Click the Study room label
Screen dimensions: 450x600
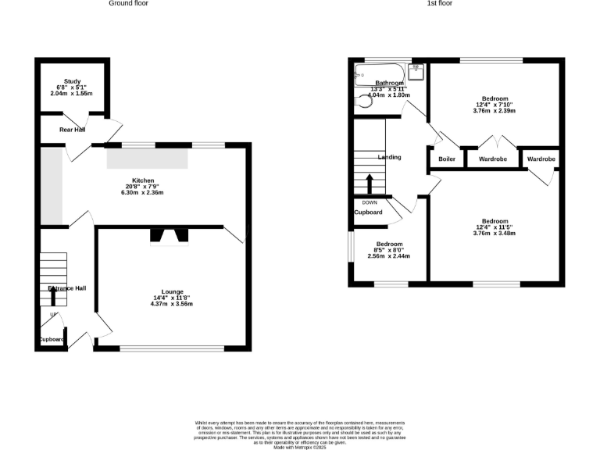pos(73,81)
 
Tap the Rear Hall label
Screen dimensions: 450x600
pos(72,130)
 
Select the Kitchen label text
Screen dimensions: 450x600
pos(142,180)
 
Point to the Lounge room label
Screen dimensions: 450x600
pos(172,291)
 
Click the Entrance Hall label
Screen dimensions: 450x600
pos(66,288)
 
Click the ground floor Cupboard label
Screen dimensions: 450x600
pos(52,339)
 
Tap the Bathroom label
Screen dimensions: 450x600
pos(389,83)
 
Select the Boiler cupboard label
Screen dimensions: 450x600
pos(446,159)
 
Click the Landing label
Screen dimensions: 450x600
pos(389,158)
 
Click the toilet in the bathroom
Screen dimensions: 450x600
pos(362,101)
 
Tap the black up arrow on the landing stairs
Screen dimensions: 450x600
pos(370,184)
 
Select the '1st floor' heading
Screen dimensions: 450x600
pos(439,4)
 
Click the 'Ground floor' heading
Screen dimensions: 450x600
pos(129,4)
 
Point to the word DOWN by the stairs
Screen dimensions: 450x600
pos(370,202)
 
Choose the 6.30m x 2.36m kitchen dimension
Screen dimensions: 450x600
pos(142,193)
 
